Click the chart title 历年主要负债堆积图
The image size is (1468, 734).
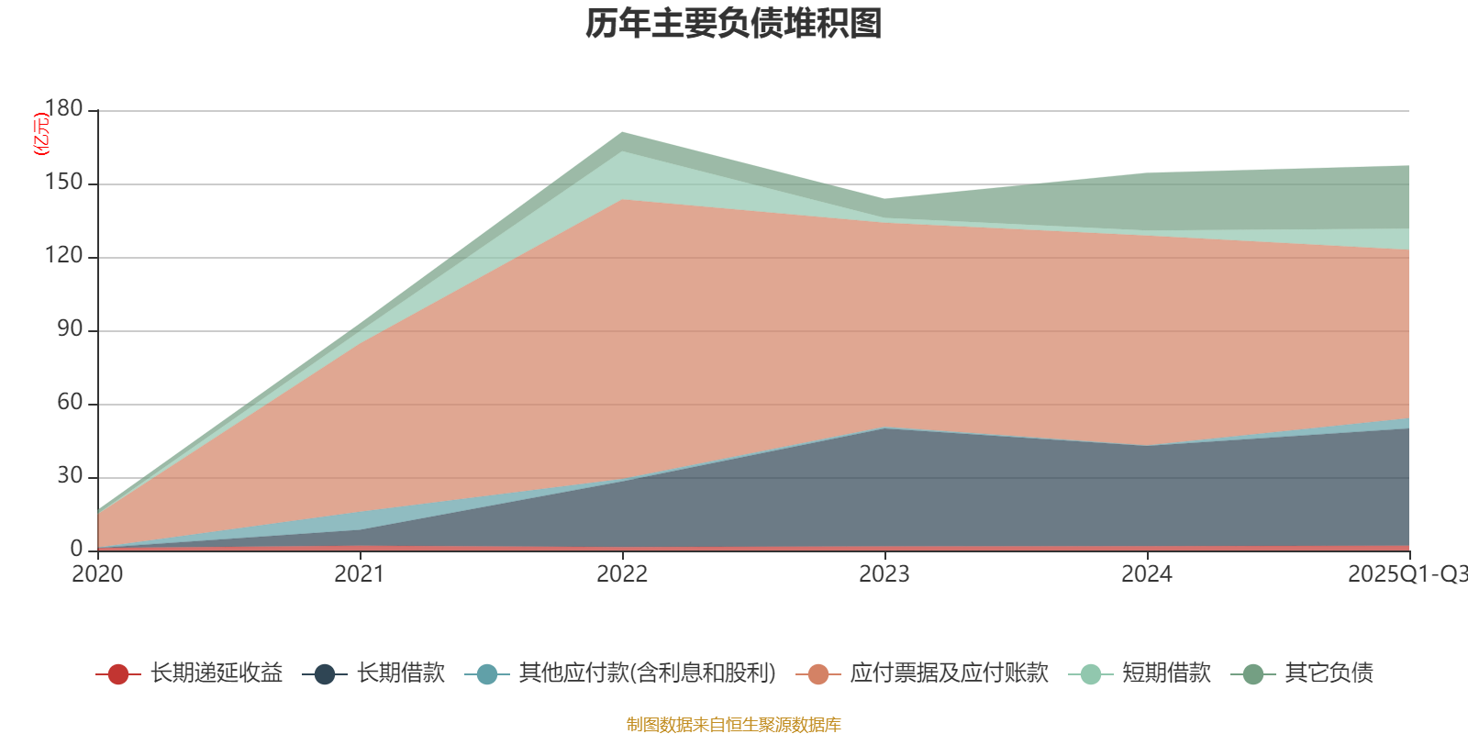pos(734,25)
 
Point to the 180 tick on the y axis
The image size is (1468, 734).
pos(64,109)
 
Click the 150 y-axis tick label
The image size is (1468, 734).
pos(64,183)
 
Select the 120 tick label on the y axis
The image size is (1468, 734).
pos(64,256)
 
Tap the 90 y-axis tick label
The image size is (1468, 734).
pos(70,329)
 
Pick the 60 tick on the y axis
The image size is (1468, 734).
pos(70,403)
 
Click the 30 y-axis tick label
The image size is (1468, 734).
pos(70,476)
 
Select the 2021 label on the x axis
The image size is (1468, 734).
pos(360,574)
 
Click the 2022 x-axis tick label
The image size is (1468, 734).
pos(622,574)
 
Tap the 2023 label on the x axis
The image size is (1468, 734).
pos(884,574)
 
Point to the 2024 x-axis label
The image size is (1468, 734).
pos(1147,574)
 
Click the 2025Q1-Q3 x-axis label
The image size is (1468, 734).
pos(1406,574)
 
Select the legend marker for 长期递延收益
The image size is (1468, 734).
pos(118,674)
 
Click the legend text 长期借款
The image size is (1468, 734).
pos(400,673)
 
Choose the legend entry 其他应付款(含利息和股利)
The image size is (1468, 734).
pos(647,673)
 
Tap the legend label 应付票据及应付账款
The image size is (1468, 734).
pos(949,673)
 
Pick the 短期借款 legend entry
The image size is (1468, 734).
pos(1166,673)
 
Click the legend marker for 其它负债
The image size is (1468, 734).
pos(1253,674)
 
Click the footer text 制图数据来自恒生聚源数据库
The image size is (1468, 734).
pos(734,725)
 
